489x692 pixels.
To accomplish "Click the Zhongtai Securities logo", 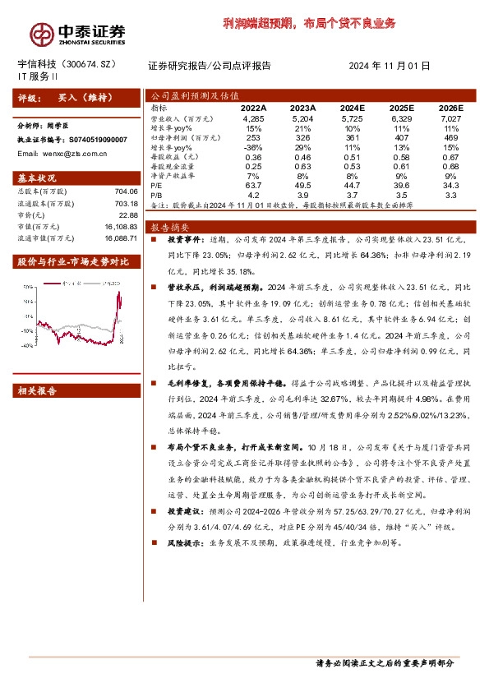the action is click(x=79, y=33).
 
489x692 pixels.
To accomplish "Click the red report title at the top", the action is click(x=309, y=22).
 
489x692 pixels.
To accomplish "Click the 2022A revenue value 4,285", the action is click(x=253, y=119).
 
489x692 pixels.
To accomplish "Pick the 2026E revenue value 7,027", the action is click(x=450, y=119).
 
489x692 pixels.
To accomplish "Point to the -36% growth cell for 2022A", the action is click(x=253, y=146).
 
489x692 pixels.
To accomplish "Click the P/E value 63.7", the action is click(x=253, y=186).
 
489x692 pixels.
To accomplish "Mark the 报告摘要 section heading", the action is click(x=169, y=226).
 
